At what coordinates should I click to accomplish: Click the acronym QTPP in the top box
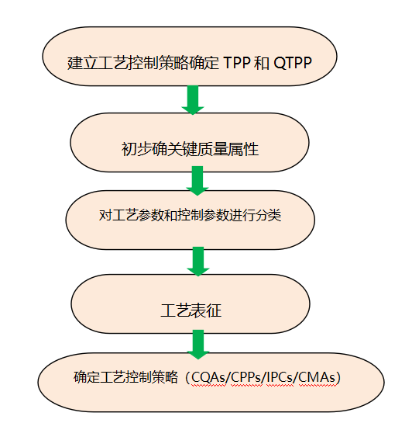[293, 63]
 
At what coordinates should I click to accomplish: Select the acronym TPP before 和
[237, 63]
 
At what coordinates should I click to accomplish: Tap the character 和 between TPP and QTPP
[261, 63]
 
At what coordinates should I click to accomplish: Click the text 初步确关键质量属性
[190, 149]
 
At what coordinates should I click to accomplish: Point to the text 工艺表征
[191, 310]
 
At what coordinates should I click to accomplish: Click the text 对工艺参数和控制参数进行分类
[190, 215]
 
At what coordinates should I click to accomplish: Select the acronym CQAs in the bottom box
[209, 377]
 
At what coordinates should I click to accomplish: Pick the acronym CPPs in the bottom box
[246, 377]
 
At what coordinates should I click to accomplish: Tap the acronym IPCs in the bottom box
[280, 377]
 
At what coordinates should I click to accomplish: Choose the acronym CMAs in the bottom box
[317, 377]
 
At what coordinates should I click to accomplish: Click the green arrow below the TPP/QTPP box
[193, 100]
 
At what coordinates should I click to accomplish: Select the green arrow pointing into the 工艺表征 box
[198, 262]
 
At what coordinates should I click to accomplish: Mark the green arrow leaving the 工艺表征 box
[198, 345]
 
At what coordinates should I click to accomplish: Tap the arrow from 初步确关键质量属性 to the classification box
[197, 181]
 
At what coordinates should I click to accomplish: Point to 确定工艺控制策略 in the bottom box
[125, 377]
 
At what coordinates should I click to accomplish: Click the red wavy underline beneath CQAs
[209, 386]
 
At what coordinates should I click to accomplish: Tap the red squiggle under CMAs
[318, 386]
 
